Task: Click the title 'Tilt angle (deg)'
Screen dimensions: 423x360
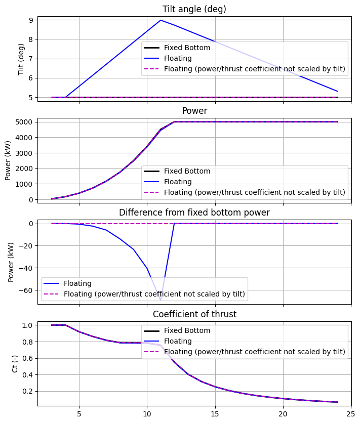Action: click(194, 9)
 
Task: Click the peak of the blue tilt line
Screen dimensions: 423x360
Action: click(161, 20)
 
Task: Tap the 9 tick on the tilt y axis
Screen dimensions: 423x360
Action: click(30, 20)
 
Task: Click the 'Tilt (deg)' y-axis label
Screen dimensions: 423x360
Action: click(21, 59)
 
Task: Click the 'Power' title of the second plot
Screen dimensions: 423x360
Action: click(194, 110)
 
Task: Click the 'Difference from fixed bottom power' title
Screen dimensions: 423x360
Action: click(194, 213)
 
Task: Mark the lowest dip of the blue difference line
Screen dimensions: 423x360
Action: click(161, 300)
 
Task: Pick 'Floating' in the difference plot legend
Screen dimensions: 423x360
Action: click(77, 283)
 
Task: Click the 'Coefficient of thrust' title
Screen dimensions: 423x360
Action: click(194, 314)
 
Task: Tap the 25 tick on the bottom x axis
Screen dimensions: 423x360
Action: click(351, 413)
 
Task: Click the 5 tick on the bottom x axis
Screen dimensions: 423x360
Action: click(79, 413)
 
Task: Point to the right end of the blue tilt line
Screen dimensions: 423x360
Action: click(337, 92)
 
